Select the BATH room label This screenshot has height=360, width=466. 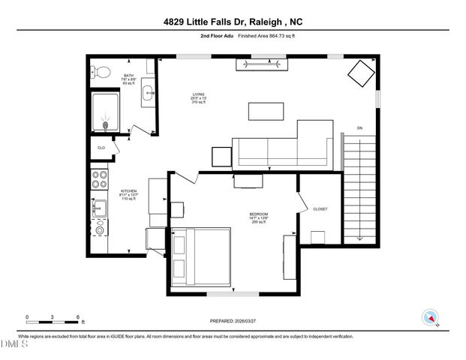coord(128,76)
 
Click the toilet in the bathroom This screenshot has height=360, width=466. coord(101,73)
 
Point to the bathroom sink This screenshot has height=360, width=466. coord(148,94)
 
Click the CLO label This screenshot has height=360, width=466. coord(101,148)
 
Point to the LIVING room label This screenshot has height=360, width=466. coord(198,94)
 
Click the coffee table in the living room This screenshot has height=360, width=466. coord(266,111)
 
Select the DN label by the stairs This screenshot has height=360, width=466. coord(360,127)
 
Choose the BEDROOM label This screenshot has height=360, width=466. coord(259,214)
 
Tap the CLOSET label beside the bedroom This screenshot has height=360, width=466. coord(320,209)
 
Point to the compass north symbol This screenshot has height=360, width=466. coord(428,317)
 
